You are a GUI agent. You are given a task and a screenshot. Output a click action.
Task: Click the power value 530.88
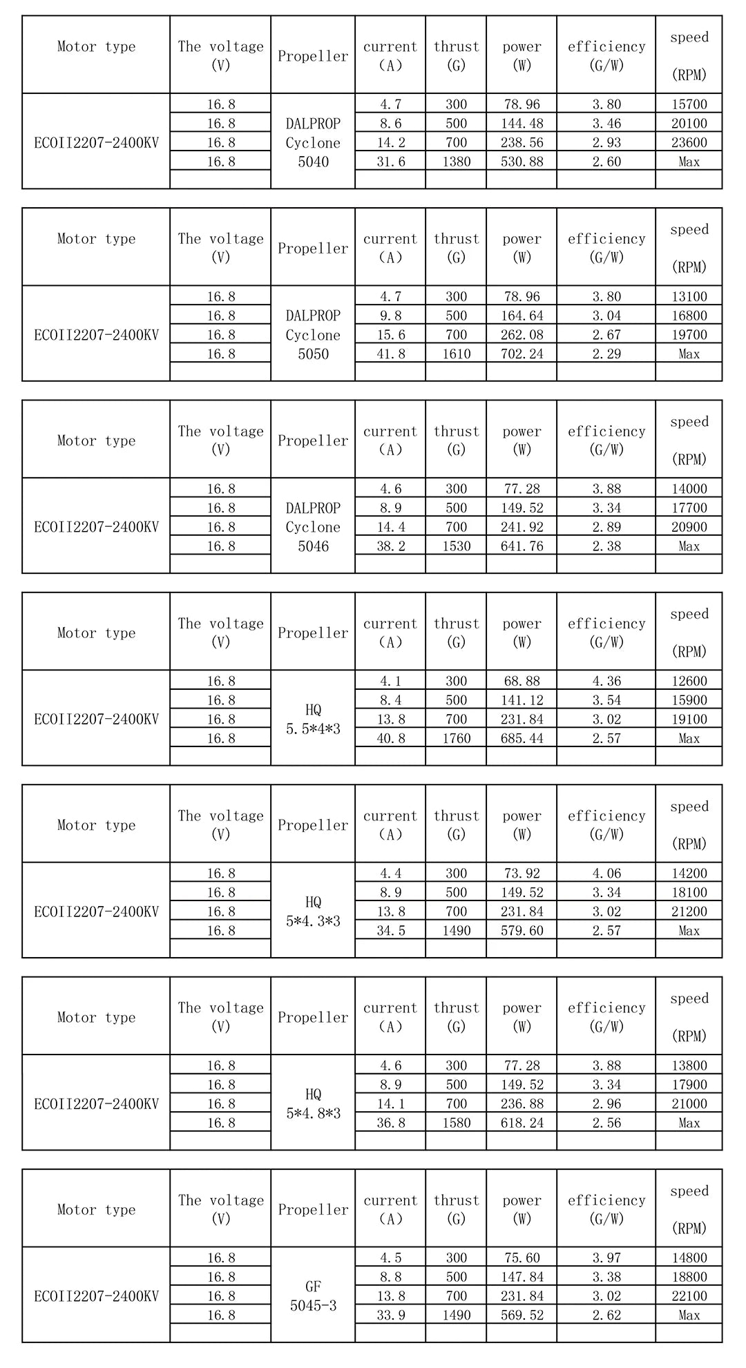pos(522,162)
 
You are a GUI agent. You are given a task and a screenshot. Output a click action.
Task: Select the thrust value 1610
pos(456,354)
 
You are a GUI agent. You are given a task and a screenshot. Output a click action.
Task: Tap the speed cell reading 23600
pos(689,143)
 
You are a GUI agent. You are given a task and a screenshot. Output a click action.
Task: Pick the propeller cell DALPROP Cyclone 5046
pos(313,527)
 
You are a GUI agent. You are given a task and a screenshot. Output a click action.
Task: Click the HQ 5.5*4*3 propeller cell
pos(313,720)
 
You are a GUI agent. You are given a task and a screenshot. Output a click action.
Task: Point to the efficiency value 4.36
pos(606,682)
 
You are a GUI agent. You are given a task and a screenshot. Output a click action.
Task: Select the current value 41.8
pos(390,354)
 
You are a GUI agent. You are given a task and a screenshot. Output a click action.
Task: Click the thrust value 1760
pos(456,739)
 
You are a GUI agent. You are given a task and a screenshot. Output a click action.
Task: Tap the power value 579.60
pos(522,931)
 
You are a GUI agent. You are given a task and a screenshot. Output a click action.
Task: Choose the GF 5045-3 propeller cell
pos(313,1296)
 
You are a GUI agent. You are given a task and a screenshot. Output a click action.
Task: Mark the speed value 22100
pos(689,1296)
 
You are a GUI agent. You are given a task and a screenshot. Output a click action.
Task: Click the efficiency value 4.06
pos(606,874)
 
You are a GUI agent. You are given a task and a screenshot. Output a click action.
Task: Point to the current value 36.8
pos(390,1124)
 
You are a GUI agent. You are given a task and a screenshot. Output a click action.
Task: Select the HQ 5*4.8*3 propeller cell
pos(313,1104)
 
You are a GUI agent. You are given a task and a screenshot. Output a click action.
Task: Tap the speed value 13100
pos(689,297)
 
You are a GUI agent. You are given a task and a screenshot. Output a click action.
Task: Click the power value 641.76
pos(522,546)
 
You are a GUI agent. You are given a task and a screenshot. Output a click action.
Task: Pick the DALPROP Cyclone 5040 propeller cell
pos(313,143)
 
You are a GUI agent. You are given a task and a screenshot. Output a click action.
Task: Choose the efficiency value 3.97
pos(606,1258)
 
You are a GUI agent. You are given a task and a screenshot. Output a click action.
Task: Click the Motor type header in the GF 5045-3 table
pos(96,1210)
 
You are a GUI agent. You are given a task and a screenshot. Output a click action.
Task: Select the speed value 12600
pos(689,682)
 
